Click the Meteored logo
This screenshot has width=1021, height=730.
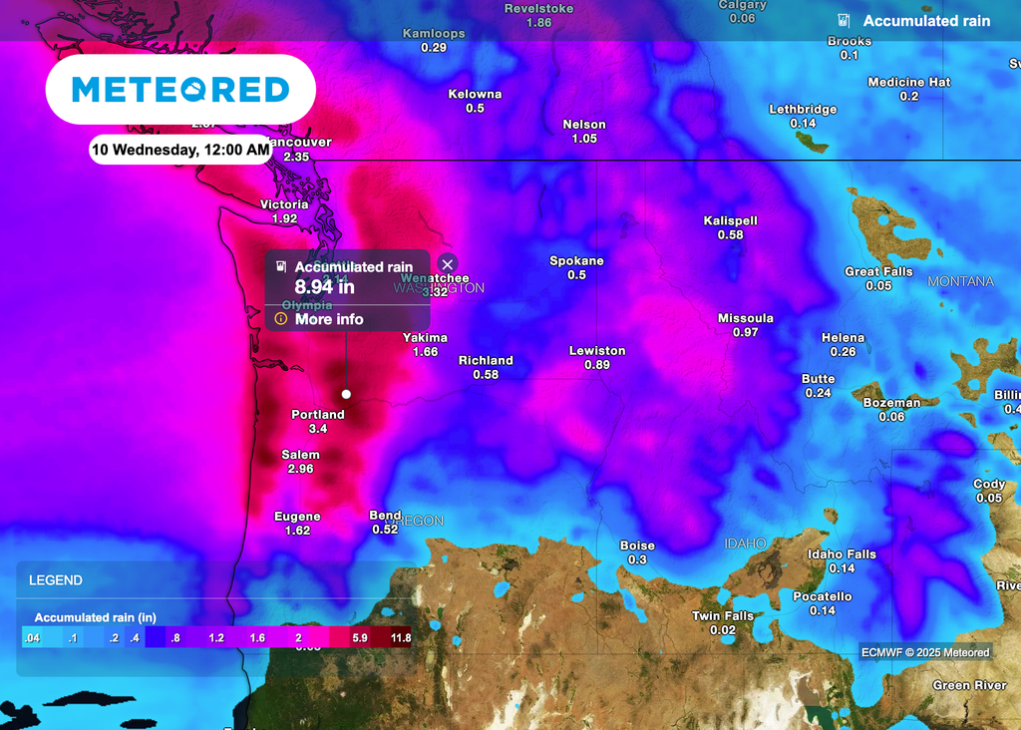click(180, 90)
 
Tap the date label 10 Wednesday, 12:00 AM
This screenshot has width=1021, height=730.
click(180, 151)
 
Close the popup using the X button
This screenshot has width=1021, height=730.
click(448, 263)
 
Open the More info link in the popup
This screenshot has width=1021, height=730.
click(329, 319)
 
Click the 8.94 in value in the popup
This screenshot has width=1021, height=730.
click(325, 287)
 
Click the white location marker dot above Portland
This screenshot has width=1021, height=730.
click(346, 394)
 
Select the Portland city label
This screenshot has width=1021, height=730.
click(318, 414)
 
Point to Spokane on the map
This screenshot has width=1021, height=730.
click(576, 261)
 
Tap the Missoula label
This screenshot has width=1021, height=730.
click(746, 318)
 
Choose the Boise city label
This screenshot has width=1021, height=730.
click(637, 546)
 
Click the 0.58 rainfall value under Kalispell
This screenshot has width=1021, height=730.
click(731, 235)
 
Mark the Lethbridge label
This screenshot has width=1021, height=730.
click(803, 110)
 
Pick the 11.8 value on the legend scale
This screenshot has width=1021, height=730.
click(401, 637)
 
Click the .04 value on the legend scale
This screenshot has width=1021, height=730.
click(33, 637)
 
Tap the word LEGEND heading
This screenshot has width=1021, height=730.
click(56, 580)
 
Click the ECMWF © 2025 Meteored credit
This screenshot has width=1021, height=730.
click(926, 653)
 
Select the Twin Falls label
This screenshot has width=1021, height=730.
click(723, 616)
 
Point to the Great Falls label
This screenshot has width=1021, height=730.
click(878, 271)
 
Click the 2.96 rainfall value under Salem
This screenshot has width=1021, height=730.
click(301, 469)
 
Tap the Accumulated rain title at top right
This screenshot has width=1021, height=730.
click(926, 21)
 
